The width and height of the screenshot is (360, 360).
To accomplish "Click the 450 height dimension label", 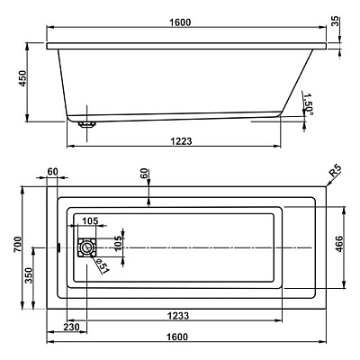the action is [x=22, y=78].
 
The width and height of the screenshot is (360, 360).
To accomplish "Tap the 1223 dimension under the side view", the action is [x=181, y=141].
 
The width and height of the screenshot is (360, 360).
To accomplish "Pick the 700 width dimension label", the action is [x=18, y=244].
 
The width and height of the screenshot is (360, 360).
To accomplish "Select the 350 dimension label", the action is [x=29, y=275].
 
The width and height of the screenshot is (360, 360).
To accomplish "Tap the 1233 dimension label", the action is [x=178, y=316].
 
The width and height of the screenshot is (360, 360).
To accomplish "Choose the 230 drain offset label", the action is [x=71, y=327].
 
